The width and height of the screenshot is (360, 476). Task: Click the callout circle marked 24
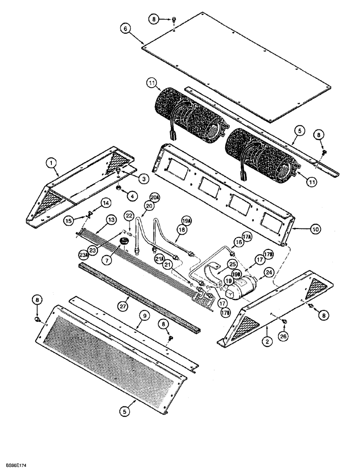269,273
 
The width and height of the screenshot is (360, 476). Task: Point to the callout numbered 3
141,178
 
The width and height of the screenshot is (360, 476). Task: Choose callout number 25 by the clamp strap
232,264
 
